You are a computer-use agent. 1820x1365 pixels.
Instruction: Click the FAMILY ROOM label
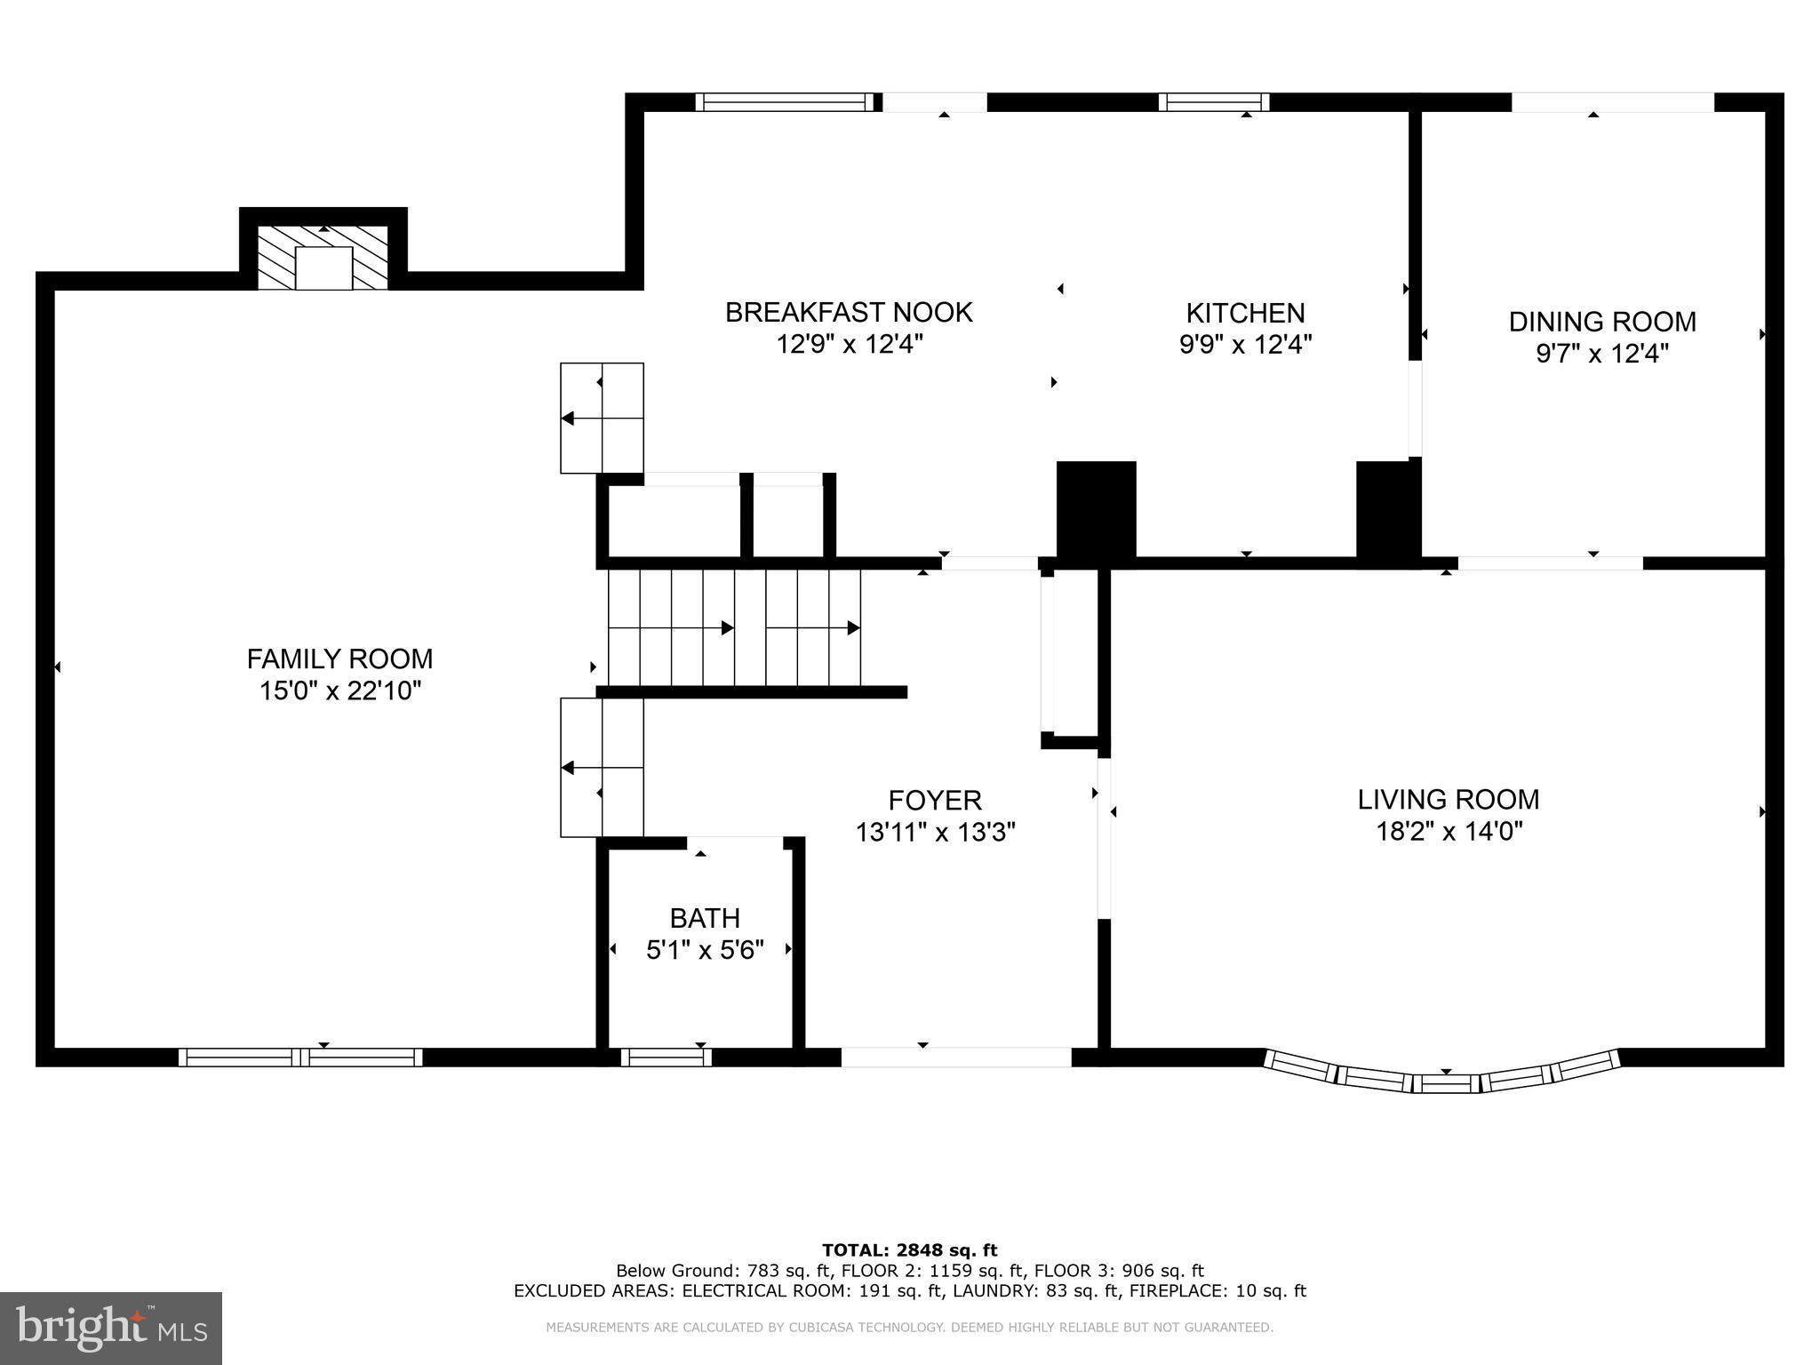click(x=339, y=659)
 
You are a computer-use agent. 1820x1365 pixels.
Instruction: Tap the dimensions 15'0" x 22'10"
click(x=339, y=690)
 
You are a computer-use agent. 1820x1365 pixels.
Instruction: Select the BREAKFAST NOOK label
click(x=849, y=312)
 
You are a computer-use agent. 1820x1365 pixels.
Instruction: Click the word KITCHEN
click(x=1245, y=313)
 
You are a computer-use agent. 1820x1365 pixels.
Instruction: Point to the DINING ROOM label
click(x=1601, y=321)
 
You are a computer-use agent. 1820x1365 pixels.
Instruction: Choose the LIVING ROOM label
click(x=1448, y=799)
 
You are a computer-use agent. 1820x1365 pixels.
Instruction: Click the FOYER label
click(x=935, y=800)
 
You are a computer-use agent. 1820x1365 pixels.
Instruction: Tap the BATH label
click(x=705, y=917)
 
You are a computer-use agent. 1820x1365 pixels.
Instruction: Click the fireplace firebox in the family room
click(x=323, y=267)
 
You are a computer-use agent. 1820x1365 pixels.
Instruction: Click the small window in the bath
click(x=666, y=1058)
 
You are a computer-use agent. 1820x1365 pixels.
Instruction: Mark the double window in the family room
click(x=300, y=1058)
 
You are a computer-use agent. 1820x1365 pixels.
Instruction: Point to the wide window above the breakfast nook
click(x=784, y=102)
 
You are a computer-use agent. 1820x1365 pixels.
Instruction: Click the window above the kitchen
click(x=1213, y=102)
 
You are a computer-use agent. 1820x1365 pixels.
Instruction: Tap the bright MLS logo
click(x=111, y=1328)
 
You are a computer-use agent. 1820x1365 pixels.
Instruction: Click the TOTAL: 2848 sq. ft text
click(x=909, y=1250)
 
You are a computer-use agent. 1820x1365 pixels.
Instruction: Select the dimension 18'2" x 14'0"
click(x=1449, y=832)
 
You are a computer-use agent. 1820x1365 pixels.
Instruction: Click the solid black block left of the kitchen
click(x=1096, y=509)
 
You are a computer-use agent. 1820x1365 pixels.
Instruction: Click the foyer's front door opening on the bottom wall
click(x=956, y=1058)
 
